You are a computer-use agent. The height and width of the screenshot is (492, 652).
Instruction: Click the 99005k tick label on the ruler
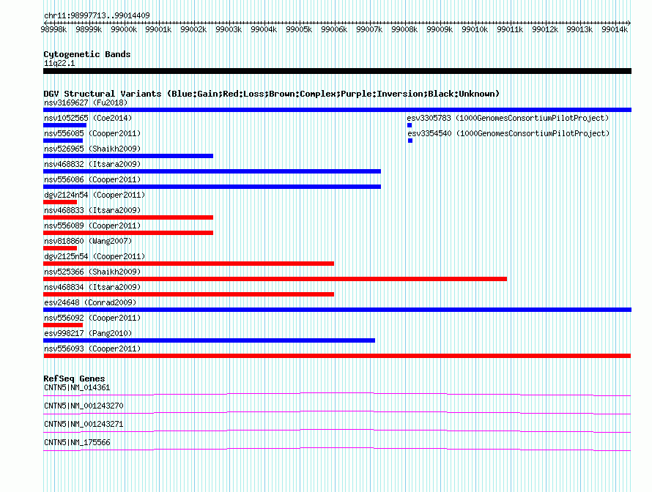[299, 29]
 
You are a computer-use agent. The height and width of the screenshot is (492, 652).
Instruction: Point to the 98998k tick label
[53, 29]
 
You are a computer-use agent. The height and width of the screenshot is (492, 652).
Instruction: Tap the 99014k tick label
[615, 29]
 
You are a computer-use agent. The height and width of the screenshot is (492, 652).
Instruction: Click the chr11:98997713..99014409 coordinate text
[97, 16]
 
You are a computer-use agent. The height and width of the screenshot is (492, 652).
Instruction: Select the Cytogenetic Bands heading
[87, 54]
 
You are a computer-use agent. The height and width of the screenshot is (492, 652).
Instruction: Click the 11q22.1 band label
[59, 63]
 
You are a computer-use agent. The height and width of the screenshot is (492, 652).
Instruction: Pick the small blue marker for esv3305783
[410, 125]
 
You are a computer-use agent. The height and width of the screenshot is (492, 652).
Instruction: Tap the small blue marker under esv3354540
[410, 141]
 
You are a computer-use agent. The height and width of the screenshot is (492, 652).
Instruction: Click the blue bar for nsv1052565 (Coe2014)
[65, 125]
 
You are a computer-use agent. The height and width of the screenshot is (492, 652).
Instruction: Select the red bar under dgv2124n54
[60, 202]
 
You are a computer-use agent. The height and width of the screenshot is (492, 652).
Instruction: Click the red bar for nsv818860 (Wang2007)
[60, 248]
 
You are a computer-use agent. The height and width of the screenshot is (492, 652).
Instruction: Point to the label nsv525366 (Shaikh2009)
[92, 272]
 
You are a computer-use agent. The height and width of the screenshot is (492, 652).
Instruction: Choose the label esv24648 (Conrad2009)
[90, 302]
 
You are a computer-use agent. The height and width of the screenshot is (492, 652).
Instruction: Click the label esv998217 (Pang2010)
[88, 333]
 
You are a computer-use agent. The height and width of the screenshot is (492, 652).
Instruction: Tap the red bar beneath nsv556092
[63, 325]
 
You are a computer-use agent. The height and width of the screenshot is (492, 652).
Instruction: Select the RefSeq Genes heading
[74, 379]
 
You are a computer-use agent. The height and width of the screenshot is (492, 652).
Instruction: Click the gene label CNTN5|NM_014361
[77, 388]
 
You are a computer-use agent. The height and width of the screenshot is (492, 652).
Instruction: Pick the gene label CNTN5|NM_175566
[77, 442]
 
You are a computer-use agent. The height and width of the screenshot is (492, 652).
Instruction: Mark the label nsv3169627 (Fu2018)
[86, 102]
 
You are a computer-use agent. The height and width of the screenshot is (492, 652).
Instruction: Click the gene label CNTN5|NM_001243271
[84, 424]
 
